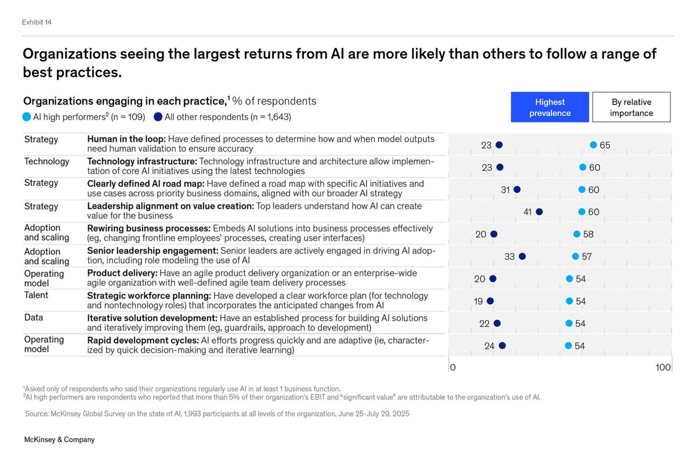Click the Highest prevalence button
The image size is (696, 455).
pyautogui.click(x=550, y=107)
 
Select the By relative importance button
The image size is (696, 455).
pyautogui.click(x=631, y=107)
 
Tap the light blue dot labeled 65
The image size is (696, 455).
pyautogui.click(x=593, y=145)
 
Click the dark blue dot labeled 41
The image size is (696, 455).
pyautogui.click(x=539, y=212)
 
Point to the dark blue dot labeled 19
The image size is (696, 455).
pyautogui.click(x=490, y=301)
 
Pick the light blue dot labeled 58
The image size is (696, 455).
pyautogui.click(x=577, y=234)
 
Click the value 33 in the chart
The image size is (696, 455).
pyautogui.click(x=509, y=257)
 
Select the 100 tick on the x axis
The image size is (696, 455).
pyautogui.click(x=664, y=367)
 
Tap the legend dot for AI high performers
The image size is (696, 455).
pyautogui.click(x=27, y=117)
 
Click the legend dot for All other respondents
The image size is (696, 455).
pyautogui.click(x=158, y=117)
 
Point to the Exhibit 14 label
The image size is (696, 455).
pyautogui.click(x=41, y=22)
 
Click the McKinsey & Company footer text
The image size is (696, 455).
pyautogui.click(x=59, y=439)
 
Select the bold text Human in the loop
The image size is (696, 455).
pyautogui.click(x=126, y=139)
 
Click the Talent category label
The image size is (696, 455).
pyautogui.click(x=36, y=295)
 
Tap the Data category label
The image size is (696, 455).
pyautogui.click(x=34, y=317)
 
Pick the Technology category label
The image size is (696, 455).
pyautogui.click(x=46, y=161)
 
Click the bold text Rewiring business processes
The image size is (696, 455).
pyautogui.click(x=148, y=228)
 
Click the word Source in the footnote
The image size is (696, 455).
pyautogui.click(x=37, y=414)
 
